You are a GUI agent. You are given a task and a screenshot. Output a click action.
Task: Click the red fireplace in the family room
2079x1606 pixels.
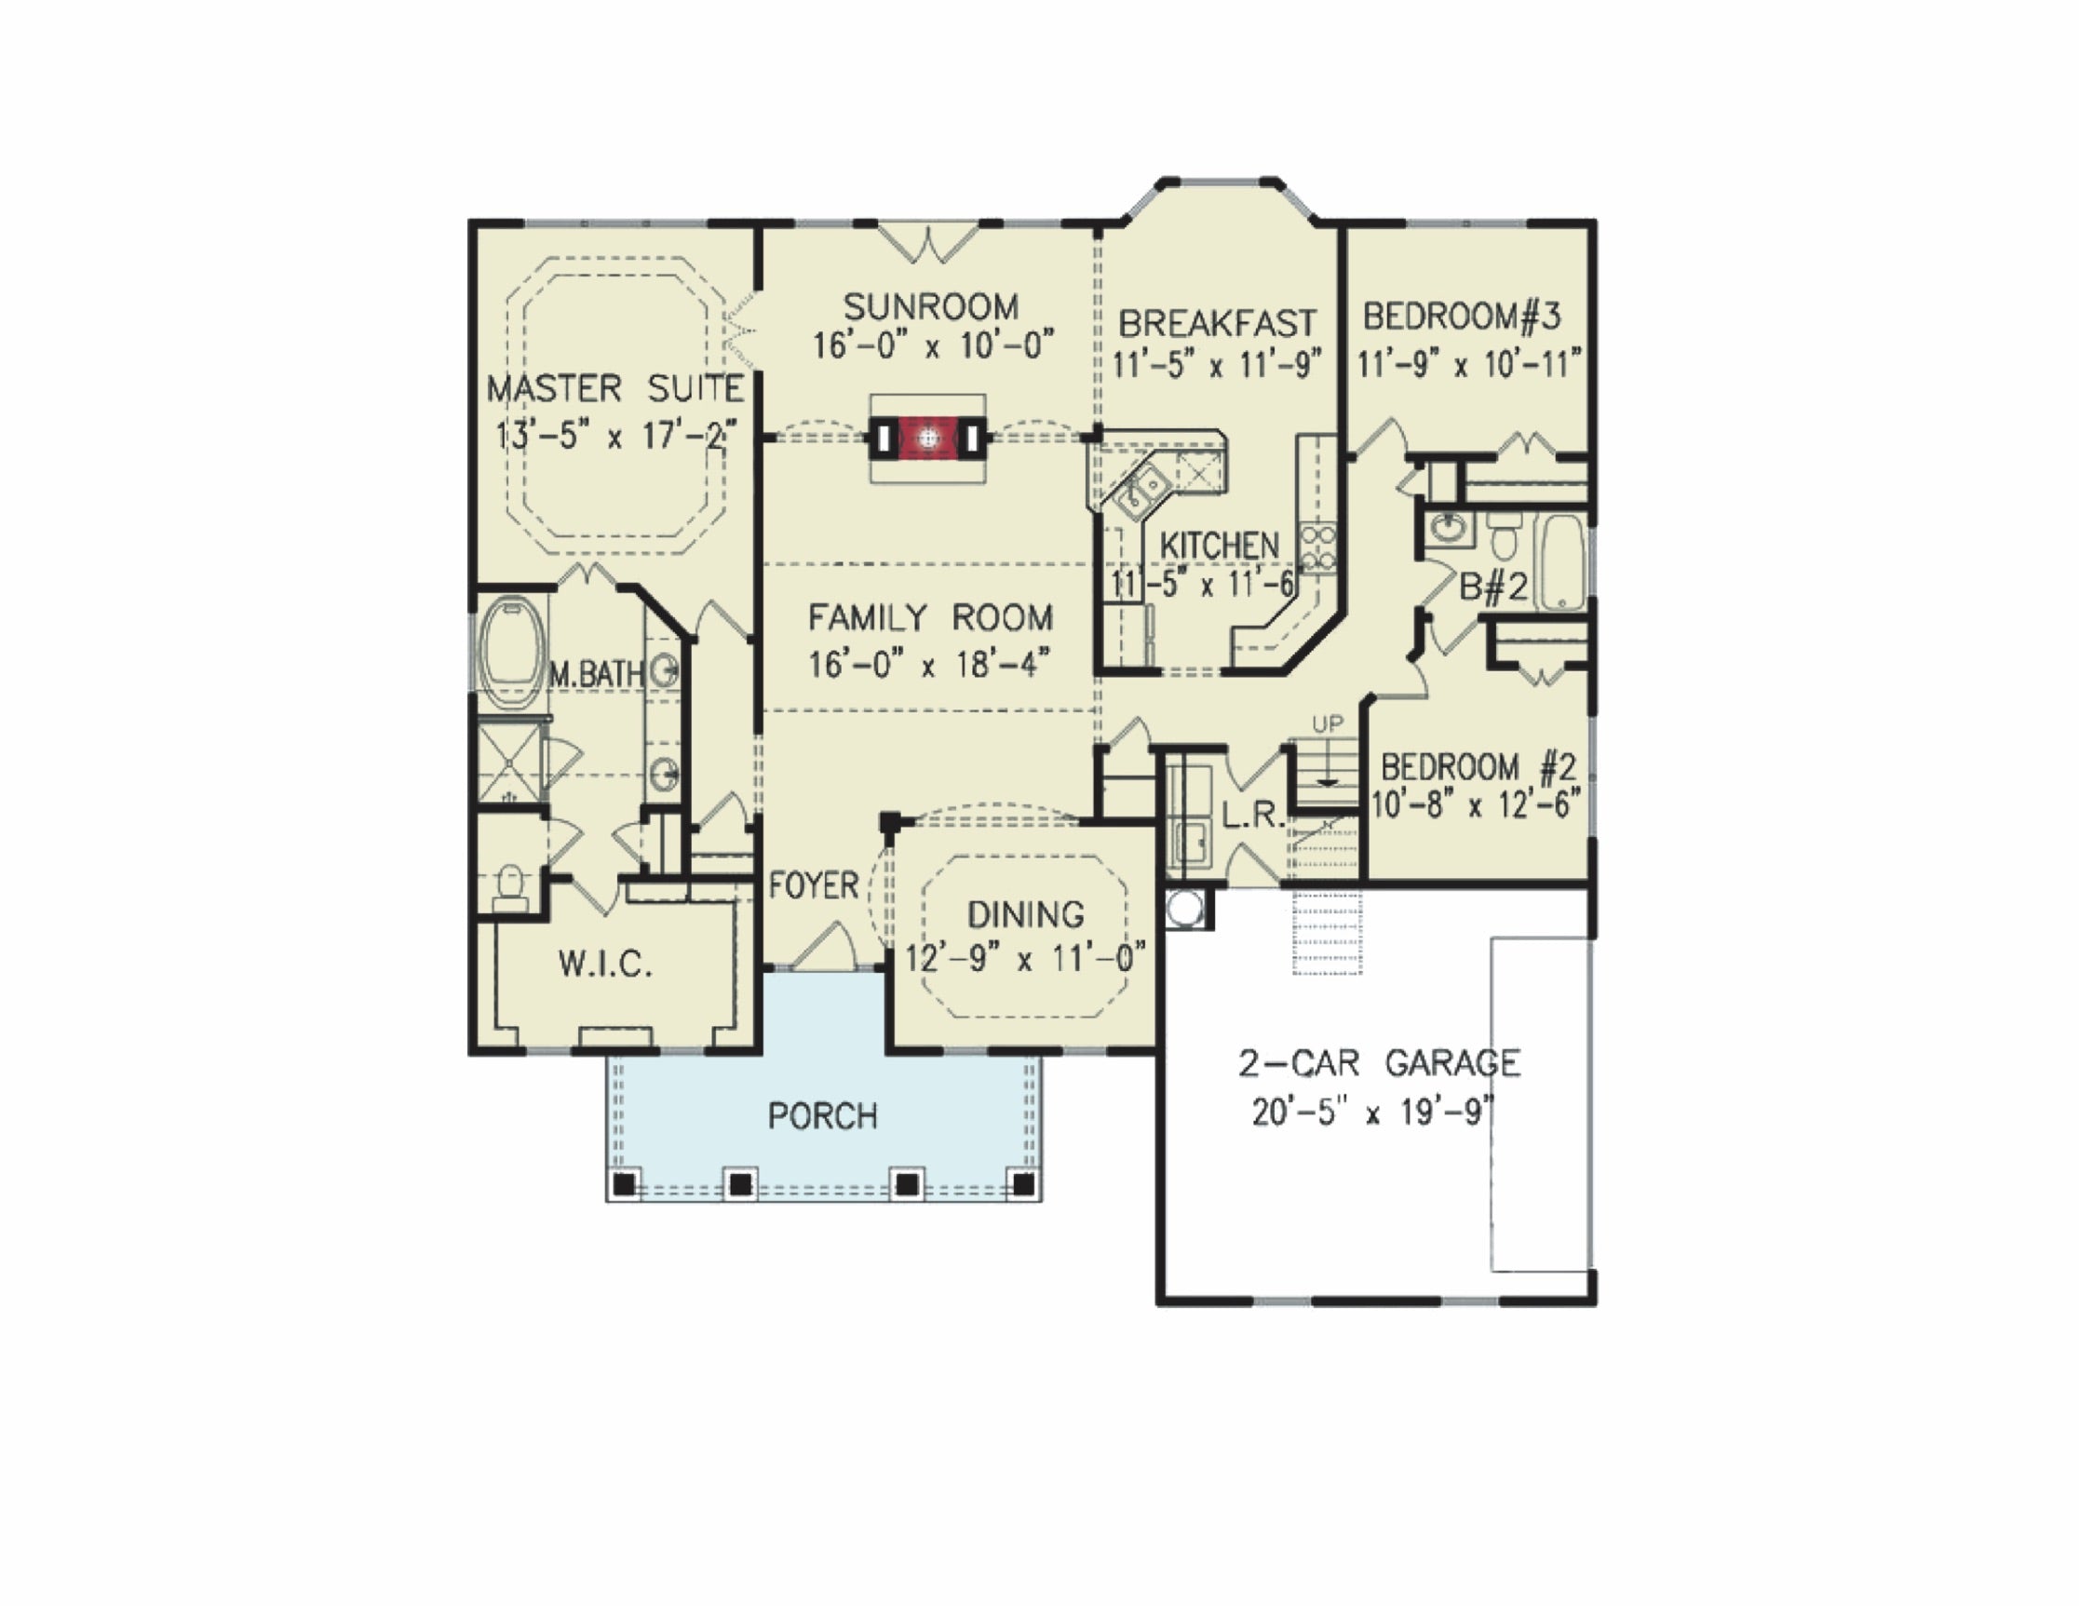click(928, 438)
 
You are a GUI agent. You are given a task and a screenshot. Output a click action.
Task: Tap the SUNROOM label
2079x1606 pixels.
click(931, 306)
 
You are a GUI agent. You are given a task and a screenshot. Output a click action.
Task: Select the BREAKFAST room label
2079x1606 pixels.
click(1217, 324)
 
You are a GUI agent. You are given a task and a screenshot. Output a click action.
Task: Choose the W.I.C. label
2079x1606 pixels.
click(605, 965)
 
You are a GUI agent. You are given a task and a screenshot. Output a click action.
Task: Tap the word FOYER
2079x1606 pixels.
click(814, 885)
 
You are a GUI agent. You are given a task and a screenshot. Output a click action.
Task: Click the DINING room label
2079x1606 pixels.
click(1025, 915)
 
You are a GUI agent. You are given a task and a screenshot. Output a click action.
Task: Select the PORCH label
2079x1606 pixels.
click(822, 1115)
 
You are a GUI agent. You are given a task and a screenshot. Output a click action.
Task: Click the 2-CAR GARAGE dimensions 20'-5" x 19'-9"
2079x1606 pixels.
click(1372, 1112)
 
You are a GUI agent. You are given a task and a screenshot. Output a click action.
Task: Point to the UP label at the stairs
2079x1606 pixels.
click(1328, 724)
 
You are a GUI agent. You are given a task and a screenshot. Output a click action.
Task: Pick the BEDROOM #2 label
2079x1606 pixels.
click(1478, 766)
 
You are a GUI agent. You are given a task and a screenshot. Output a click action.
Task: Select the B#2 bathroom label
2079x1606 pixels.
click(1492, 587)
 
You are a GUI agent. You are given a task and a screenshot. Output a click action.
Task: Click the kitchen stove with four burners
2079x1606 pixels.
click(1318, 549)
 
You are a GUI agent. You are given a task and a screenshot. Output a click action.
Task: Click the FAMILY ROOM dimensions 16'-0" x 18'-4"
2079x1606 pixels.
click(930, 664)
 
